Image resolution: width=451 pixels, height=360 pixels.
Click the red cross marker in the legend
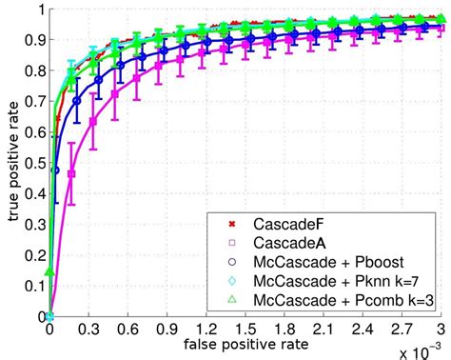click(235, 225)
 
